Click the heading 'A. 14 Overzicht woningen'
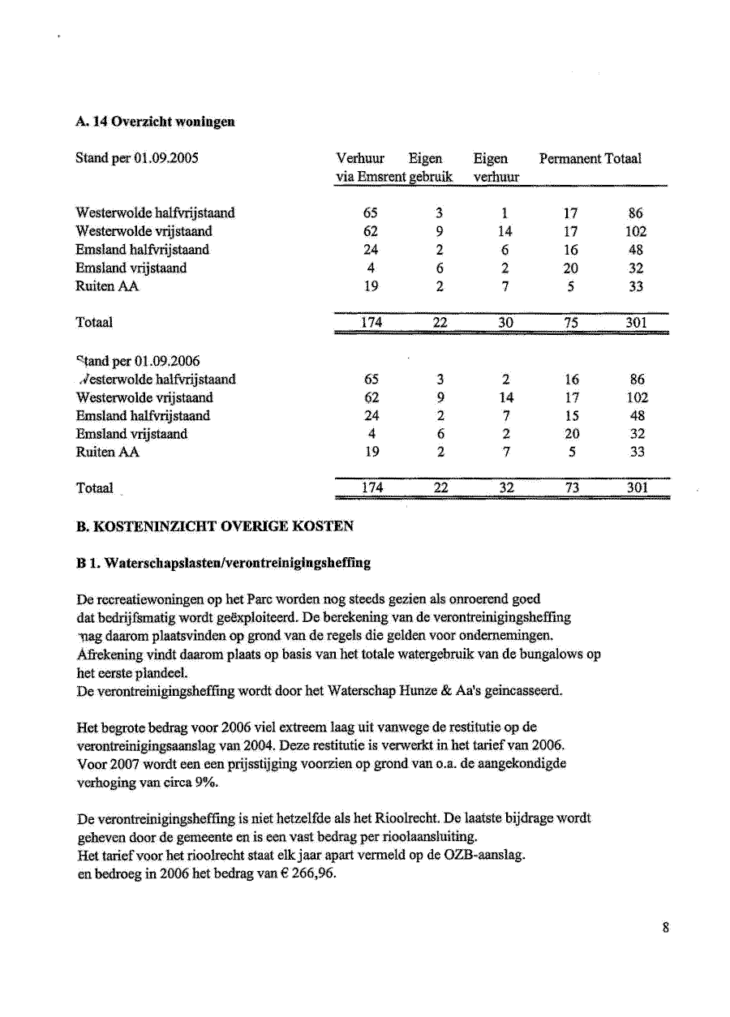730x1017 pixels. tap(155, 122)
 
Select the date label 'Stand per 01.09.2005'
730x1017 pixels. tap(137, 158)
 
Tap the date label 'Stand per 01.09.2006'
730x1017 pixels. tap(138, 360)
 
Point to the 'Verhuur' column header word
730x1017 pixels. tap(360, 158)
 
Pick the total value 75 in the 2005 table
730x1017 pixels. tap(571, 322)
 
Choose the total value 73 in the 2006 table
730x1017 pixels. tap(571, 487)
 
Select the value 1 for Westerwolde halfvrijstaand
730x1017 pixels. tap(505, 213)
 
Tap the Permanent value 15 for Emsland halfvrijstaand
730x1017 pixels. tap(571, 415)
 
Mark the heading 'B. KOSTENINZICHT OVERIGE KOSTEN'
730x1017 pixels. tap(214, 526)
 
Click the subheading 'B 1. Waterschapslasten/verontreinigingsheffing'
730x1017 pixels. tap(223, 561)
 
